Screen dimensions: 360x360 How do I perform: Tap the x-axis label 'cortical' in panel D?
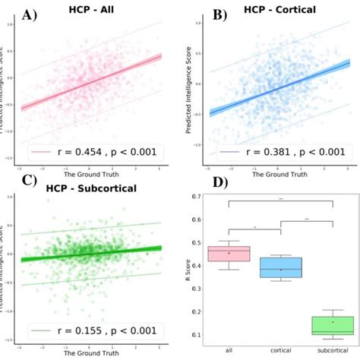pyautogui.click(x=280, y=350)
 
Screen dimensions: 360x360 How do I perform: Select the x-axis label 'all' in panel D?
pyautogui.click(x=229, y=350)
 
